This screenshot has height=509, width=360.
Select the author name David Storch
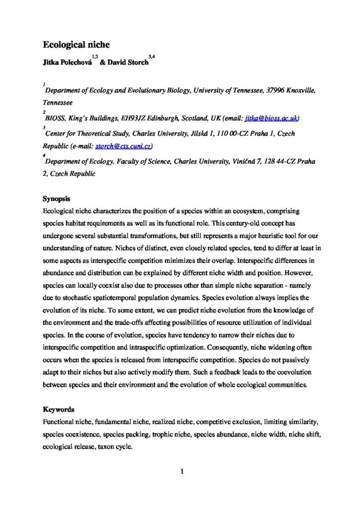pyautogui.click(x=128, y=64)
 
